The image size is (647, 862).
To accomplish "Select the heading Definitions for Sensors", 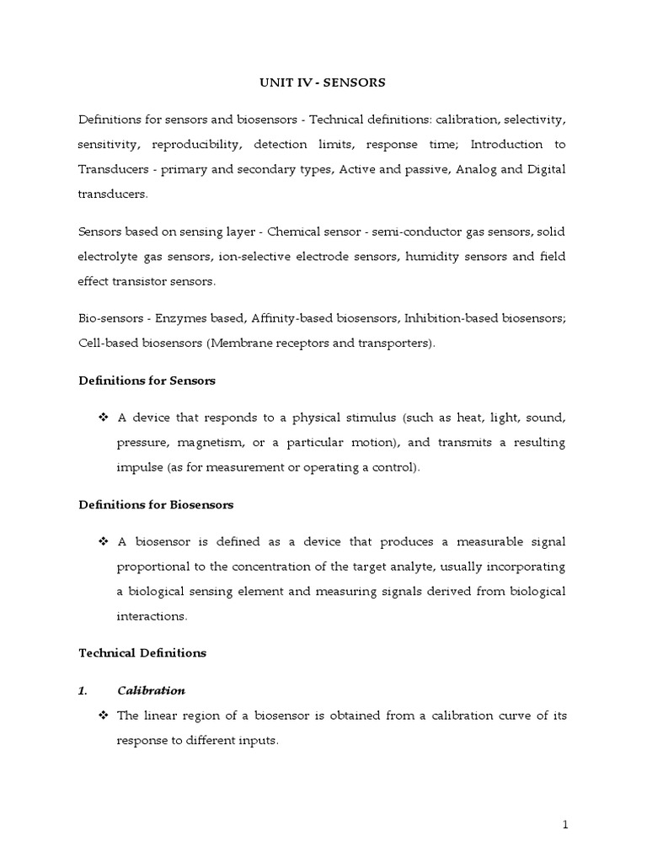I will (147, 380).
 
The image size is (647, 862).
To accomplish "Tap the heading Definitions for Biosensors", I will (156, 505).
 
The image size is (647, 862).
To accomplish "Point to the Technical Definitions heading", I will (142, 652).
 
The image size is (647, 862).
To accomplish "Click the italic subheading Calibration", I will (151, 690).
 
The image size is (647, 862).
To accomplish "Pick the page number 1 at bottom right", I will (565, 825).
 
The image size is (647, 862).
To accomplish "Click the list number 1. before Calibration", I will (83, 690).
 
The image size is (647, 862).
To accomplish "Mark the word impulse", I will (142, 467).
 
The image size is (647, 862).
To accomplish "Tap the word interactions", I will (151, 616).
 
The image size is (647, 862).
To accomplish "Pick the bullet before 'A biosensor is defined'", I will (104, 542).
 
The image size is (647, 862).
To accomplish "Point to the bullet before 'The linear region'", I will (104, 716).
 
